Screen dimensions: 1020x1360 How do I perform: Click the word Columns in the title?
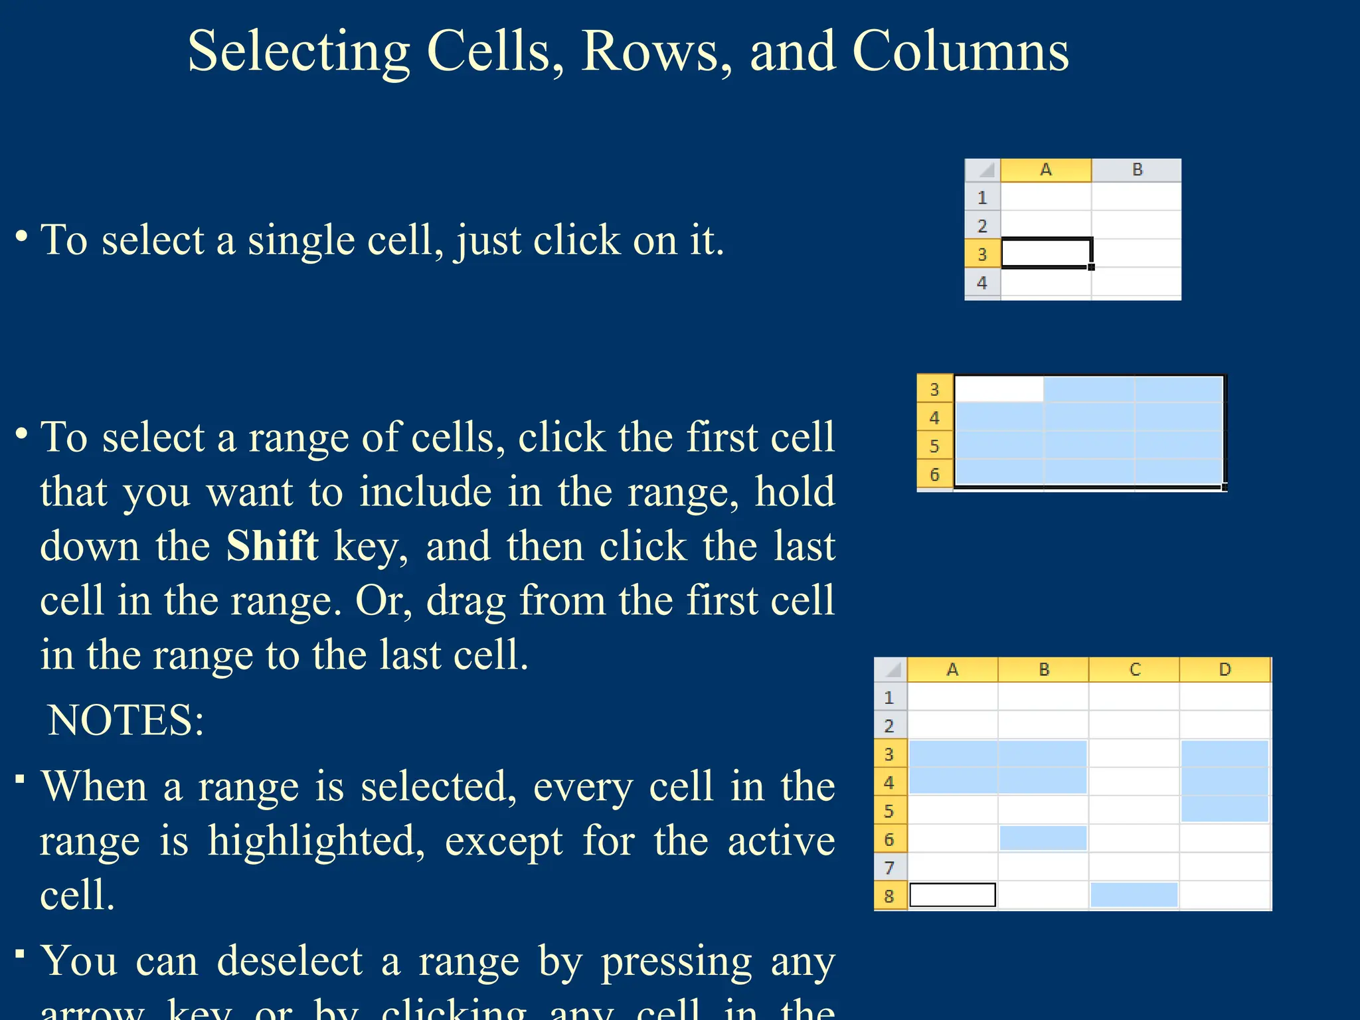tap(960, 52)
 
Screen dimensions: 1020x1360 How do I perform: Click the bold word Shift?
tap(272, 546)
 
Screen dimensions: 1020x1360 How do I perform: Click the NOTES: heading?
tap(126, 720)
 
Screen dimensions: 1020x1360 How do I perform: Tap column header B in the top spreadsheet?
tap(1137, 170)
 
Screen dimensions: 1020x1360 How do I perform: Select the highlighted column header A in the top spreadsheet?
tap(1045, 170)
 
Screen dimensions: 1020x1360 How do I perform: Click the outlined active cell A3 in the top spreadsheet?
tap(1046, 253)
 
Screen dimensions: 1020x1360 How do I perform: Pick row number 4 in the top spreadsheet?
tap(982, 283)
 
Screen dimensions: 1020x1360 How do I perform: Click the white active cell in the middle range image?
tap(998, 389)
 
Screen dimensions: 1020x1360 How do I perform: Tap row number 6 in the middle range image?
tap(934, 474)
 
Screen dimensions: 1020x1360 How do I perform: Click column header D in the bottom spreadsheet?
tap(1225, 669)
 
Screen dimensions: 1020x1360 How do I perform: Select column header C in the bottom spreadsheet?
tap(1134, 669)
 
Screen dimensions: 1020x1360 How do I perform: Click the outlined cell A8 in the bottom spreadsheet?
tap(952, 895)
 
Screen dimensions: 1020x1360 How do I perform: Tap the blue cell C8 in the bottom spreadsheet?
tap(1134, 895)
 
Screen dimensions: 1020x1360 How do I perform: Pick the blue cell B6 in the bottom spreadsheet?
tap(1043, 838)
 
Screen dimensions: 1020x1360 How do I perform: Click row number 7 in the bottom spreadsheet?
tap(889, 867)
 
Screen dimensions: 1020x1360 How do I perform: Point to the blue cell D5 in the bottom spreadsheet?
tap(1225, 809)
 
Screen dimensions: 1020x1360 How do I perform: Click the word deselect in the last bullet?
tap(290, 962)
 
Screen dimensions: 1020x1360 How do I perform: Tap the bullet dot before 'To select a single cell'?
tap(22, 236)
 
